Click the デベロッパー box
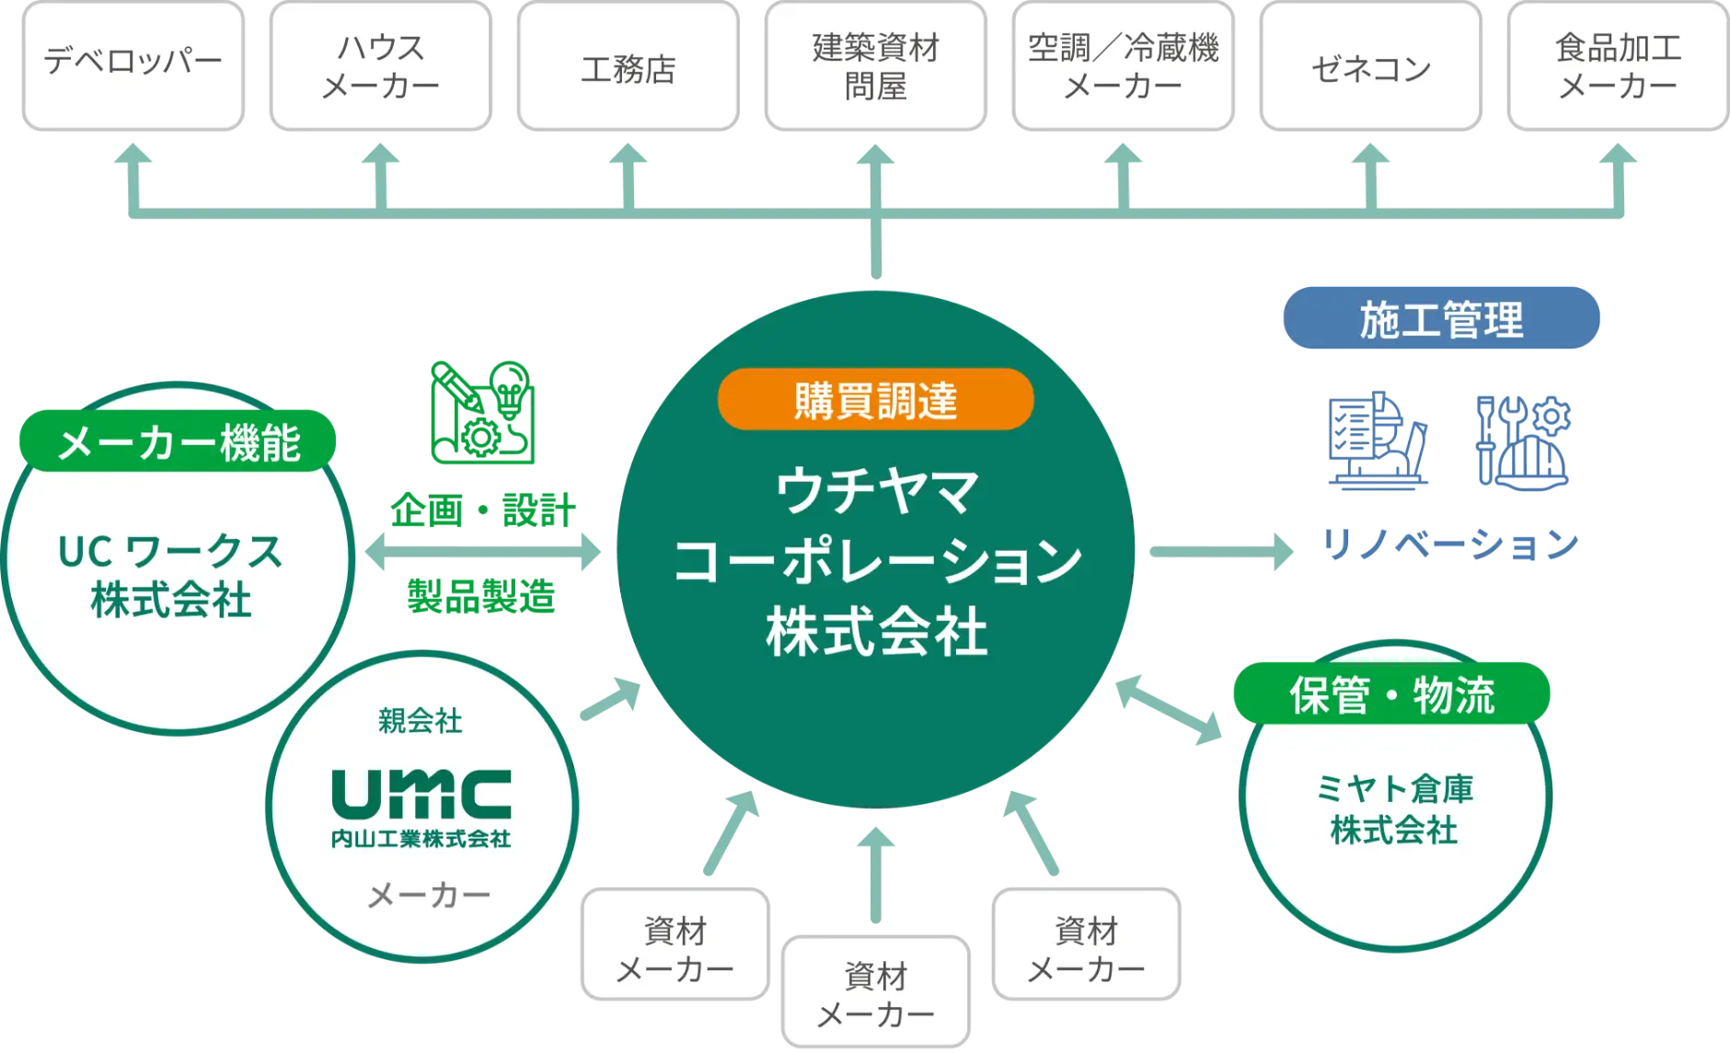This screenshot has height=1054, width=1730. click(133, 65)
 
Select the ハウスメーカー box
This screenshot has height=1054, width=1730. click(380, 65)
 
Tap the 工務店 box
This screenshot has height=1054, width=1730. click(629, 65)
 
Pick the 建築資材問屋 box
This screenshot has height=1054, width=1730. click(875, 65)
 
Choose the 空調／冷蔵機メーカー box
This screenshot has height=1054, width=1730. click(1123, 65)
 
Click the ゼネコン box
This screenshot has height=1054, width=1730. click(1371, 65)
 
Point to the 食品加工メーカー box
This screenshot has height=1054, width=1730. click(1618, 65)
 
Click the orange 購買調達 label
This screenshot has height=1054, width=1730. click(875, 400)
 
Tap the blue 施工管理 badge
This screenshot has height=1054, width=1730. click(1441, 318)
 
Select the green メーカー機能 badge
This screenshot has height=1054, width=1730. click(178, 442)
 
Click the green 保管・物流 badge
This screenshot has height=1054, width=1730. click(1391, 694)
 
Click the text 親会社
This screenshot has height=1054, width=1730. click(420, 720)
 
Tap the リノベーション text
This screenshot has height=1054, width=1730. click(1451, 544)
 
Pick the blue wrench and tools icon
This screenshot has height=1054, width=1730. click(1523, 441)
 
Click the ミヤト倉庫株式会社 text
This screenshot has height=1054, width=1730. click(1394, 809)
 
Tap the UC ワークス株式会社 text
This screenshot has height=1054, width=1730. click(170, 576)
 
